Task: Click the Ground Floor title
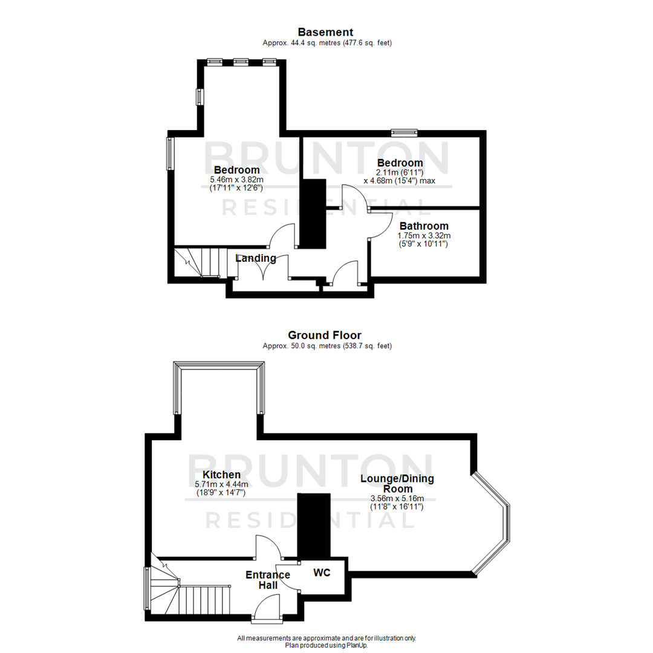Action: coord(325,335)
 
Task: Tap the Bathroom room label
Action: coord(423,226)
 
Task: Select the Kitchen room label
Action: coord(221,475)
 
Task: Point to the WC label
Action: coord(322,573)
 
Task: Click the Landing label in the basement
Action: coord(256,259)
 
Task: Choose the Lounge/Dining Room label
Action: coord(397,484)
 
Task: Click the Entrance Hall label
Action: coord(268,580)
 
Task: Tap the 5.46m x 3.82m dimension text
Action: coord(236,180)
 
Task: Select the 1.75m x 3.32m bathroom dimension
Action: coord(423,236)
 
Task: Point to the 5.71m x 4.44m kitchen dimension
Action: coord(221,484)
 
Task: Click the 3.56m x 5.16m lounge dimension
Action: coord(397,499)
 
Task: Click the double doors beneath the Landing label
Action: coord(263,270)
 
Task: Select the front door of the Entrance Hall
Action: coord(267,608)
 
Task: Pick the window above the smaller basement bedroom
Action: coord(404,132)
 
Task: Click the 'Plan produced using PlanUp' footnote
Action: coord(326,645)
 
